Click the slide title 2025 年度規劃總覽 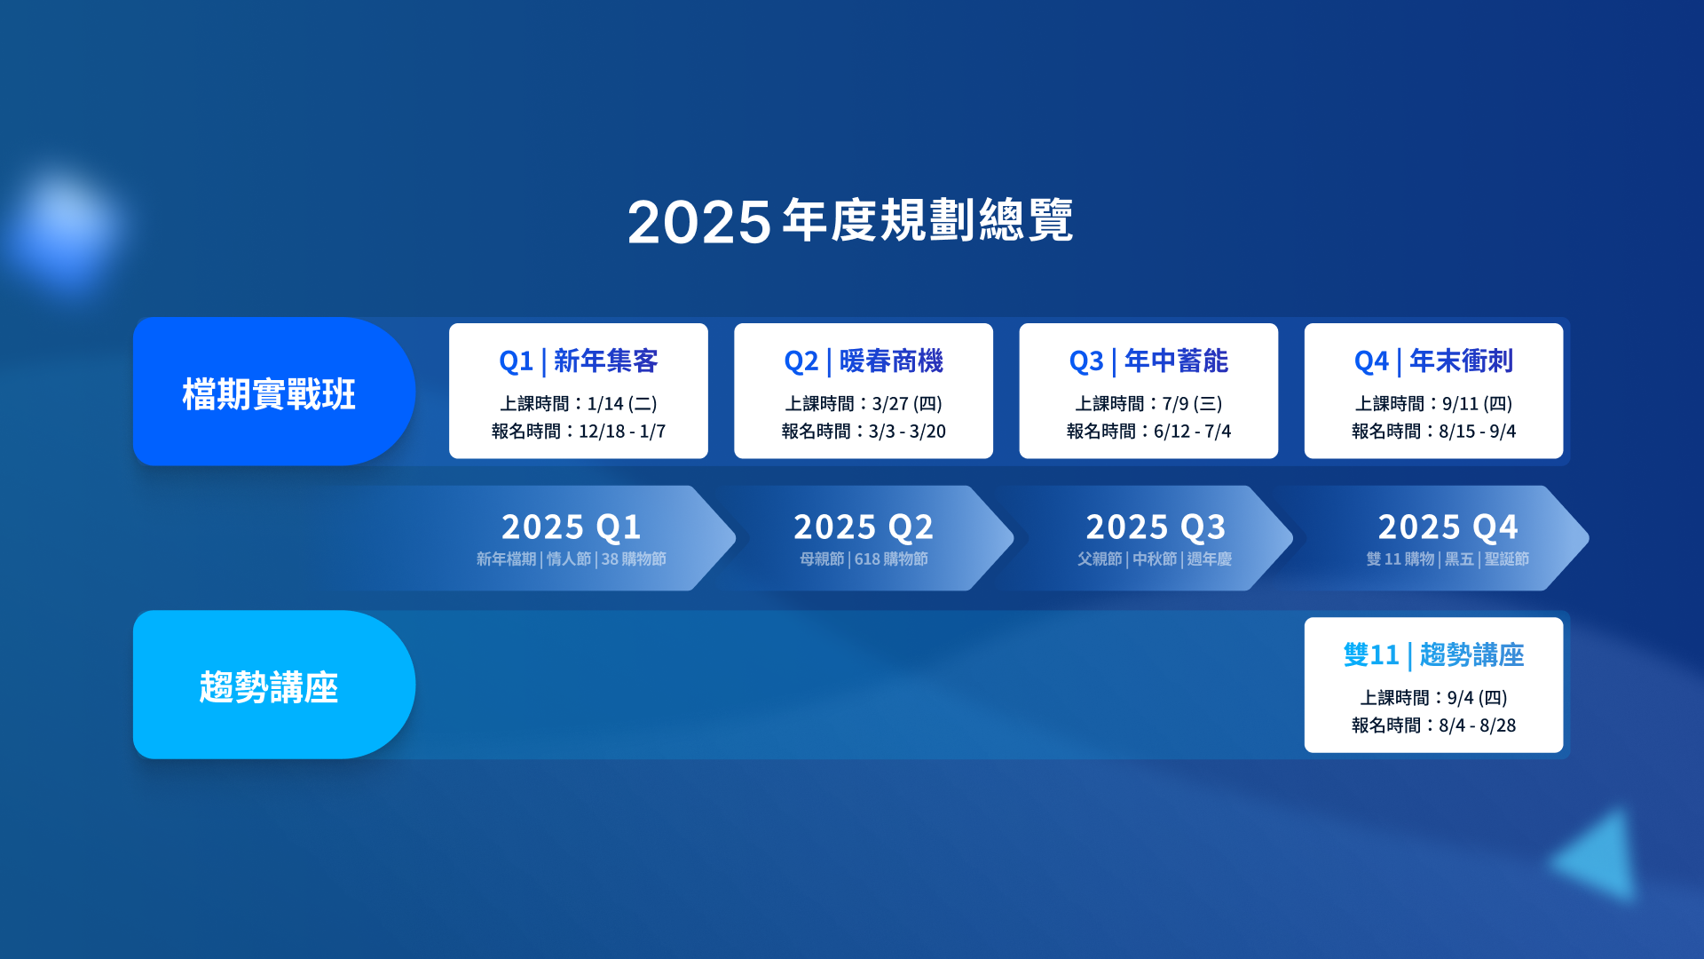[x=850, y=220]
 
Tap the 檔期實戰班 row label [x=269, y=394]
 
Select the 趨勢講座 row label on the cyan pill [x=269, y=687]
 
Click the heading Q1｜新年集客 [x=579, y=361]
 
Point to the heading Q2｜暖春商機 [x=864, y=361]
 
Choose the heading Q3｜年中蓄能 [x=1148, y=361]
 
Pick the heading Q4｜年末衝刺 [x=1433, y=361]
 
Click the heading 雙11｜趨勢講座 [x=1433, y=655]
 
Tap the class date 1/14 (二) [x=622, y=404]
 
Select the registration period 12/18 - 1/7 [x=622, y=432]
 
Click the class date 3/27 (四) [x=907, y=404]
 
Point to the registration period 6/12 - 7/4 [x=1192, y=432]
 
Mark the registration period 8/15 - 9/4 [x=1477, y=432]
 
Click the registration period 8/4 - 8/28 [x=1477, y=725]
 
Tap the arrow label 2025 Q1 [x=572, y=527]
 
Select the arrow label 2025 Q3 [x=1156, y=527]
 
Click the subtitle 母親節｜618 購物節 [x=864, y=559]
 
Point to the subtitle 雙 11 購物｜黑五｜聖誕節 [x=1448, y=559]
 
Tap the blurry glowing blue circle [x=64, y=227]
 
